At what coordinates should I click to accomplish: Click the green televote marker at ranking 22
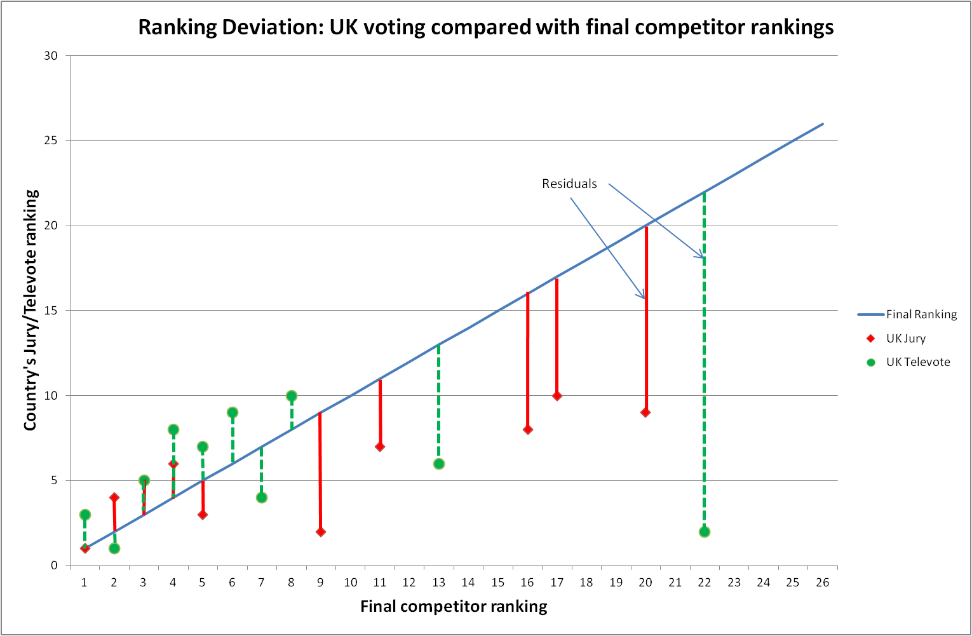pos(704,532)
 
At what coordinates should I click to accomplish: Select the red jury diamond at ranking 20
pos(645,412)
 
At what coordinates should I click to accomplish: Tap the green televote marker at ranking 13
pos(439,464)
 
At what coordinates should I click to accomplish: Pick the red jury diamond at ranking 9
pos(320,532)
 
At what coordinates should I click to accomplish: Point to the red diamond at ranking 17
pos(557,396)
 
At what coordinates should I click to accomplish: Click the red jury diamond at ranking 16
pos(527,430)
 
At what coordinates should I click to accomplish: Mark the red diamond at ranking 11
pos(380,447)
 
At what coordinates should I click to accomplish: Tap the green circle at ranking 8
pos(292,396)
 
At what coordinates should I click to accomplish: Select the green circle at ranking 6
pos(233,412)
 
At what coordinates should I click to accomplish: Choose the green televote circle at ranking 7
pos(262,497)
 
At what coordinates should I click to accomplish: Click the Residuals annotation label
pos(569,184)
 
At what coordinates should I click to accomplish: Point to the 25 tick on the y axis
pos(51,140)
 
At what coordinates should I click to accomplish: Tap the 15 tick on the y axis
pos(51,311)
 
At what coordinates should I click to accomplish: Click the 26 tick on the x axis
pos(822,583)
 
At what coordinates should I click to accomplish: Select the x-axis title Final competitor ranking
pos(454,607)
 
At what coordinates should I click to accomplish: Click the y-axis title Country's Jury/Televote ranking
pos(30,310)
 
